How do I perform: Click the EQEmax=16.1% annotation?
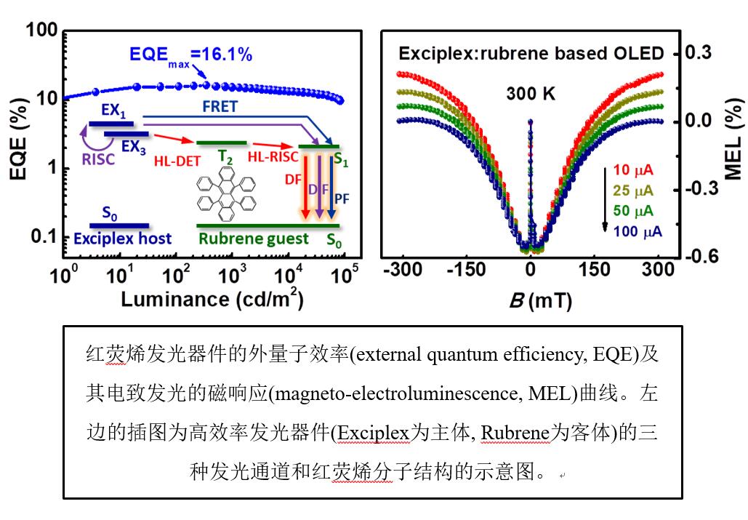[190, 54]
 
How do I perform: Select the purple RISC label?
[99, 159]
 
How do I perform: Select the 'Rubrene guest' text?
[254, 238]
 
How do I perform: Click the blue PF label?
[340, 191]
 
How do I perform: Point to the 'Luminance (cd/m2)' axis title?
[212, 299]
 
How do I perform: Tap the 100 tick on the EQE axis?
[41, 31]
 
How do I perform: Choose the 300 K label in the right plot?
[531, 93]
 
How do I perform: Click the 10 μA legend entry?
[632, 170]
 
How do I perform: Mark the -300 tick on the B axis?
[402, 269]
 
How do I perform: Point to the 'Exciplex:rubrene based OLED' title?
[531, 53]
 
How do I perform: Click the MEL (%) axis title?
[733, 137]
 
